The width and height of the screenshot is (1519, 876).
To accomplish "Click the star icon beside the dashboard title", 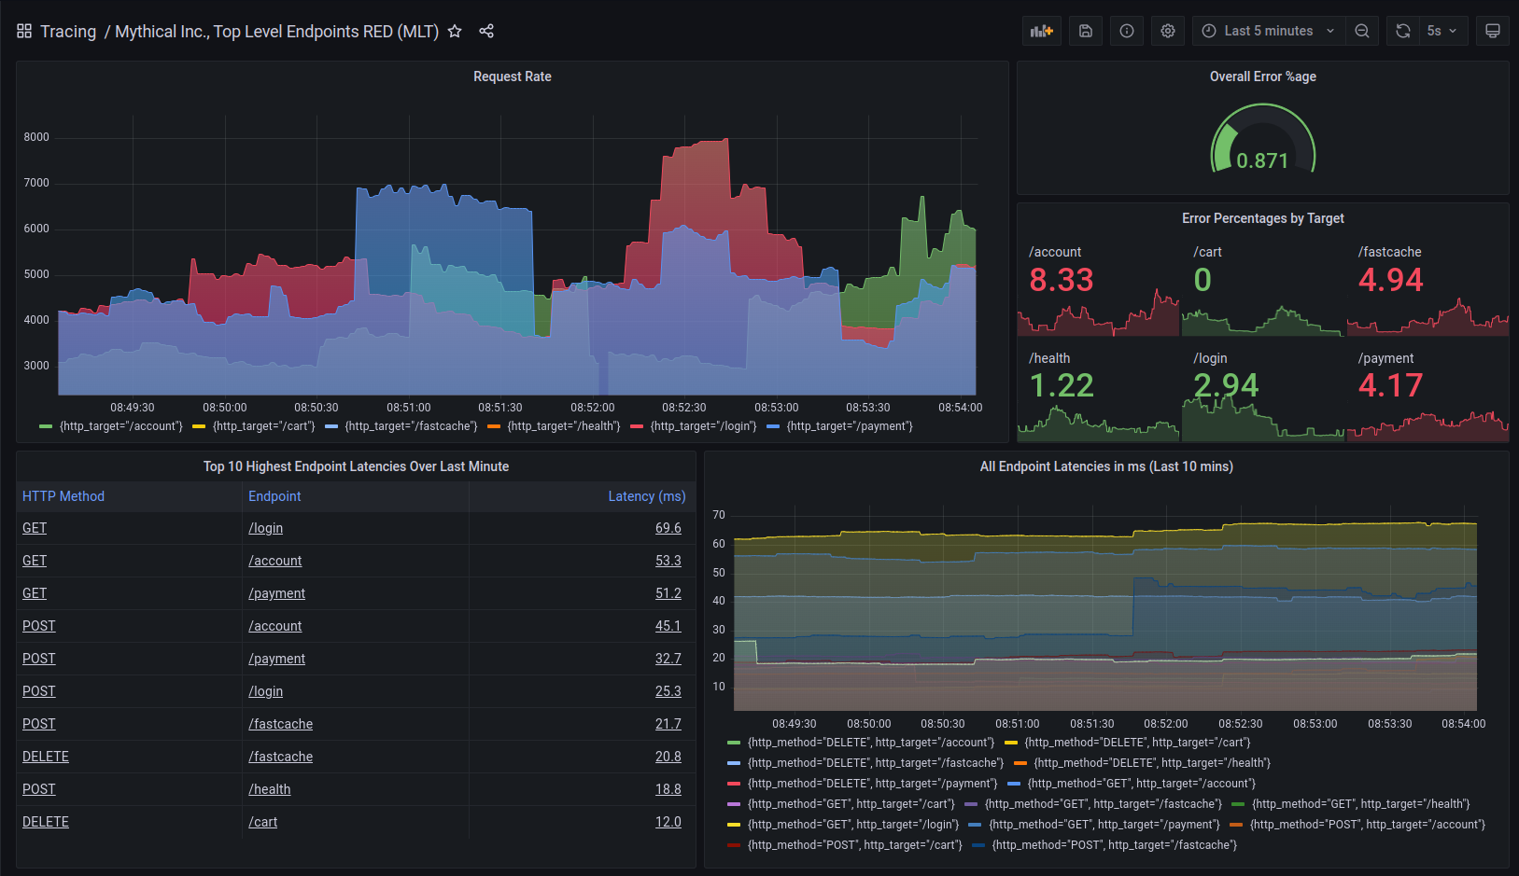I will click(x=455, y=31).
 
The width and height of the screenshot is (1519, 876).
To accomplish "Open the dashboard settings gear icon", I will click(x=1167, y=31).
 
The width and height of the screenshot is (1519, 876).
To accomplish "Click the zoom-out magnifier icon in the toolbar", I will click(x=1362, y=31).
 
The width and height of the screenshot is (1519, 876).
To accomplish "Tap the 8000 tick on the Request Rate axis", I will click(x=36, y=137).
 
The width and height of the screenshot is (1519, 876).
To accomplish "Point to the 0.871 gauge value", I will click(x=1262, y=160).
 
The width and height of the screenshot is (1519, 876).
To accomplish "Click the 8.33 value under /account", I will click(x=1061, y=280).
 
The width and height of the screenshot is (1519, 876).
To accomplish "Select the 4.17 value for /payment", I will click(x=1389, y=385).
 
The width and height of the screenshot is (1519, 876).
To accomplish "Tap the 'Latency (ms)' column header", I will click(x=646, y=496).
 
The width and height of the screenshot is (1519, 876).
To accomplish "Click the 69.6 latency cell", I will click(x=668, y=528).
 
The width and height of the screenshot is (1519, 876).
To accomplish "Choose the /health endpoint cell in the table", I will click(x=270, y=789).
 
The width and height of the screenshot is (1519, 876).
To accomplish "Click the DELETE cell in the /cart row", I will click(x=46, y=822).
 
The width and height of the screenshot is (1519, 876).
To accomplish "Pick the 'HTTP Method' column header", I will click(x=63, y=496).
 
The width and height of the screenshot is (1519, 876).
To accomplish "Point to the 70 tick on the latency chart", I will click(x=718, y=515).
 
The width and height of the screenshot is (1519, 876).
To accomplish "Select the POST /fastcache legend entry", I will click(x=1113, y=845).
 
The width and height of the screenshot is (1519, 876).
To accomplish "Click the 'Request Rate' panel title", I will click(x=512, y=76).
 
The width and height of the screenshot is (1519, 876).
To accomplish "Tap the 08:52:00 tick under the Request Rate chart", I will click(x=593, y=408).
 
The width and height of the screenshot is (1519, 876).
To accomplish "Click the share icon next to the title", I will click(x=486, y=31).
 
